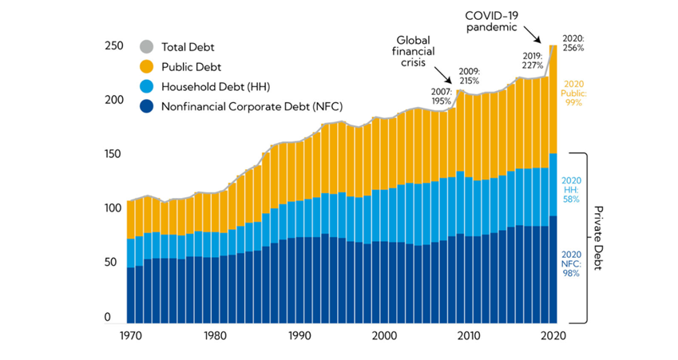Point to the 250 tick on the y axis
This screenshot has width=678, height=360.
coord(113,46)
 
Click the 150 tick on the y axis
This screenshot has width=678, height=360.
coord(113,153)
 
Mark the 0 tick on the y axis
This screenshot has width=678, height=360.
coord(119,317)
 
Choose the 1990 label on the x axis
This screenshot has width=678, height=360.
coord(299,336)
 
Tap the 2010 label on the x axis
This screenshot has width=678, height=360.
coord(470,336)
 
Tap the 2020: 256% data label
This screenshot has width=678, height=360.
coord(573,43)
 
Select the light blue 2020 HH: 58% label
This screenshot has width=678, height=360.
coord(571,189)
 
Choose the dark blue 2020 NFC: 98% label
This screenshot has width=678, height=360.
coord(571,262)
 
